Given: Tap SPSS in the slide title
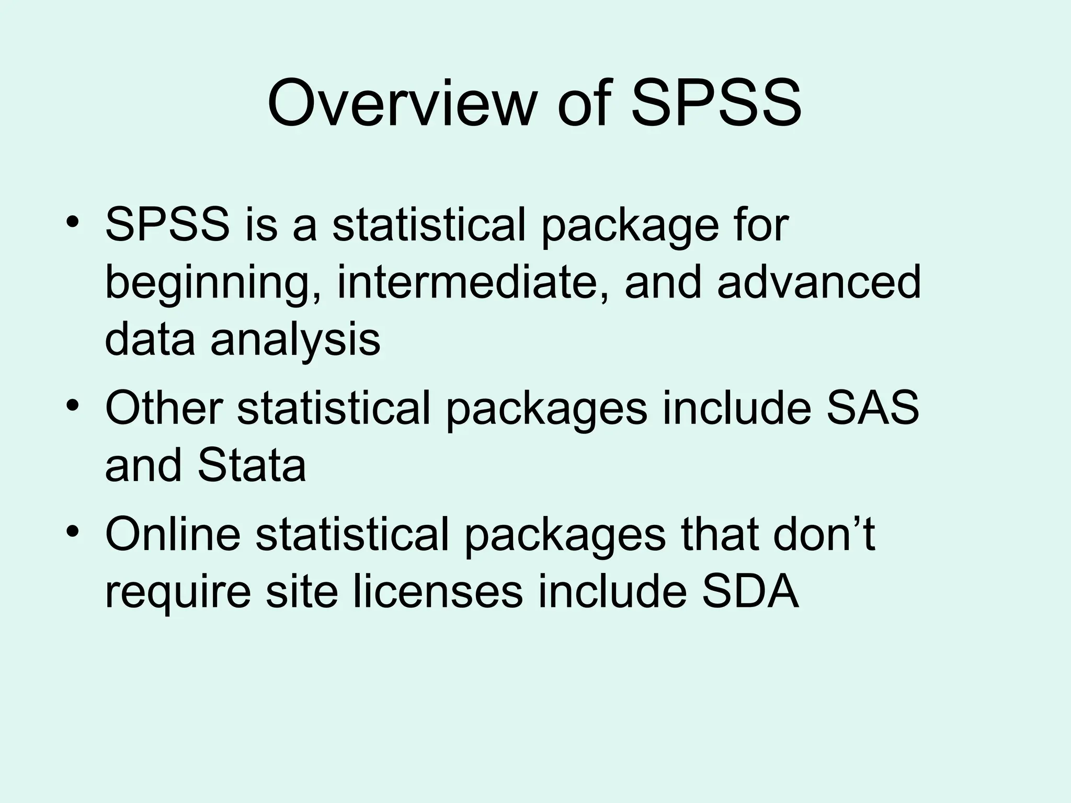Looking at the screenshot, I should [x=716, y=103].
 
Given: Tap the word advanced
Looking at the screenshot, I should [x=818, y=282].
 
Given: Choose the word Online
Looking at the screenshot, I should [x=173, y=534].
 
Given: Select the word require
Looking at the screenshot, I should [x=178, y=593].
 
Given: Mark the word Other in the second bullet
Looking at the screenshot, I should [x=164, y=408].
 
